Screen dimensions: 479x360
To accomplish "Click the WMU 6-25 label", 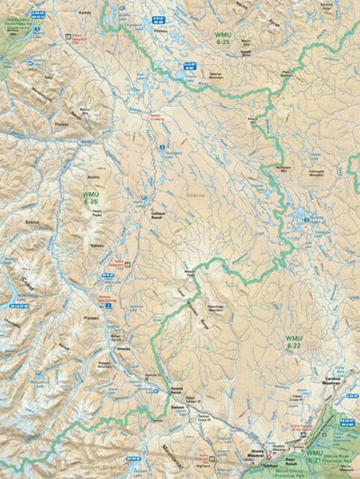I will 222,37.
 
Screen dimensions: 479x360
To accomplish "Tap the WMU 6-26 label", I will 91,198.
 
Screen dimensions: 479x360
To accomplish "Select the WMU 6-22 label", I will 293,340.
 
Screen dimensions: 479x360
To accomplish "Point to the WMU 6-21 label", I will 314,453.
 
